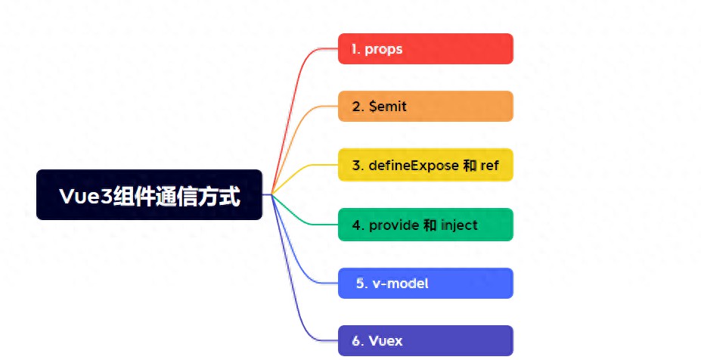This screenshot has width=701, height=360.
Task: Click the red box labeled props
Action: (425, 48)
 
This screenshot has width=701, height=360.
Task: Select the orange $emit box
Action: (425, 107)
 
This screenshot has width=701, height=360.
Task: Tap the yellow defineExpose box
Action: (425, 165)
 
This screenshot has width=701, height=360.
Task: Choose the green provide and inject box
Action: (425, 225)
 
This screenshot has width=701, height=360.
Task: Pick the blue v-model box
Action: (425, 283)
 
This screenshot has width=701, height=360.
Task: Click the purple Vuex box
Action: (425, 341)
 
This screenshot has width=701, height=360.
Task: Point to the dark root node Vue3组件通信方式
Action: (149, 195)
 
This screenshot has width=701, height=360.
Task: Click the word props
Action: (383, 50)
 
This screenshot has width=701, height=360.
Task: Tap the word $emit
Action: (388, 107)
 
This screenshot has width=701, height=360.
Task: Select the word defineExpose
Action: (414, 165)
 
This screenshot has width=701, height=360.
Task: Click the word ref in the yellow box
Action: (489, 165)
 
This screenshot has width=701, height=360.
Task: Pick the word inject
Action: (459, 225)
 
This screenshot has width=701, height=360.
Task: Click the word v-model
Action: (400, 284)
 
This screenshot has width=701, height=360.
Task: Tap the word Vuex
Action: (386, 341)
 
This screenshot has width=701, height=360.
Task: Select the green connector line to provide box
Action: (304, 218)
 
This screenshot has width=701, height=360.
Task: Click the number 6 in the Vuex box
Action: (356, 341)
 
